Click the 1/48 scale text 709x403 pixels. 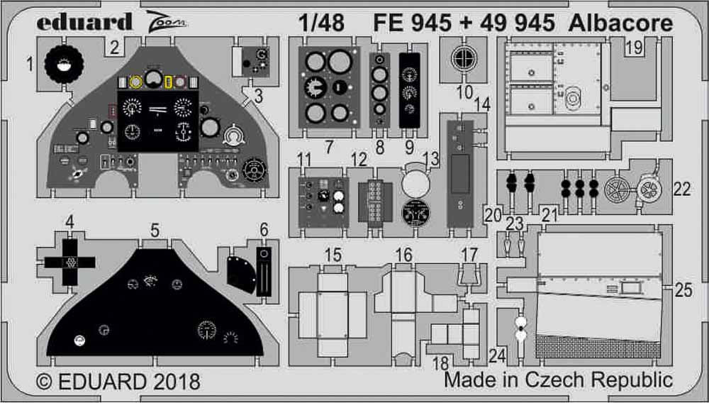click(322, 23)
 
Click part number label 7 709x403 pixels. click(328, 147)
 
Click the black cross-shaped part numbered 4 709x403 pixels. click(69, 262)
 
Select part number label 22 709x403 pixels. click(681, 189)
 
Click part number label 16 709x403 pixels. click(403, 255)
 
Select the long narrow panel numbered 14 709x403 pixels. click(462, 172)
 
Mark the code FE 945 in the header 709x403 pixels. click(411, 23)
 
